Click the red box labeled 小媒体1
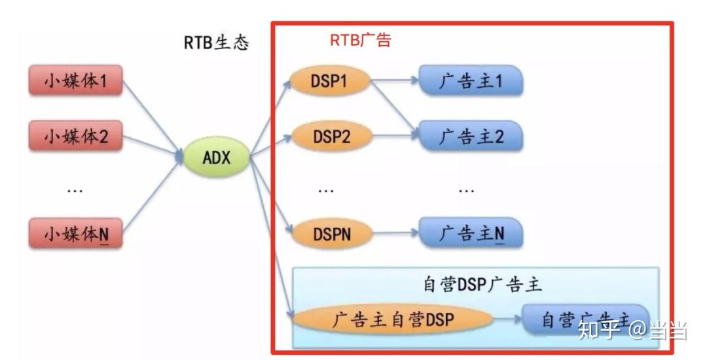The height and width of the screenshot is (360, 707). tap(75, 81)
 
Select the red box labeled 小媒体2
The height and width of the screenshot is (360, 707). tap(75, 136)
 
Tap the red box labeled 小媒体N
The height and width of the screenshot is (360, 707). tap(75, 234)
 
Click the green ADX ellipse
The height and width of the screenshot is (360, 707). tap(217, 157)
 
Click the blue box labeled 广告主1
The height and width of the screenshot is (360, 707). tap(471, 81)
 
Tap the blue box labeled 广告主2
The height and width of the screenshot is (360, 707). tap(471, 136)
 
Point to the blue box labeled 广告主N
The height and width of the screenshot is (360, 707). tap(471, 234)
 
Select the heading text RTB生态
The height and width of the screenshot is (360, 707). tap(216, 43)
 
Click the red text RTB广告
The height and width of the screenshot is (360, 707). tap(360, 40)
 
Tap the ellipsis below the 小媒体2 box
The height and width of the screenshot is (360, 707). tap(75, 190)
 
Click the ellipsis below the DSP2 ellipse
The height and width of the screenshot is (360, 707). tap(325, 190)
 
